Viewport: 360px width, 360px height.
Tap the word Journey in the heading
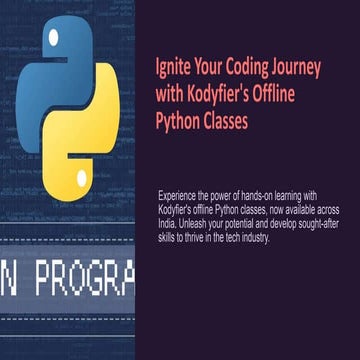pos(299,73)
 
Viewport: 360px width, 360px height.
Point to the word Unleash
pos(201,215)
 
